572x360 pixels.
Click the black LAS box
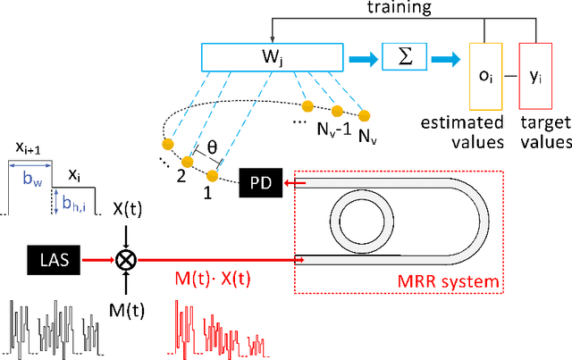coord(53,262)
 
